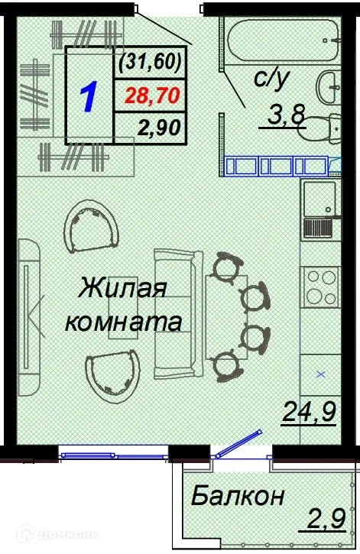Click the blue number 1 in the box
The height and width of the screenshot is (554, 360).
(89, 97)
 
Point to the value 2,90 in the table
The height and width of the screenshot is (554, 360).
(158, 128)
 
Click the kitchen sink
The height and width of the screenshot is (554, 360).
(318, 201)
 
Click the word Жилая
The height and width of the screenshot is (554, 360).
(122, 290)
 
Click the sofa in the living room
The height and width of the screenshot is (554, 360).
(177, 313)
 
